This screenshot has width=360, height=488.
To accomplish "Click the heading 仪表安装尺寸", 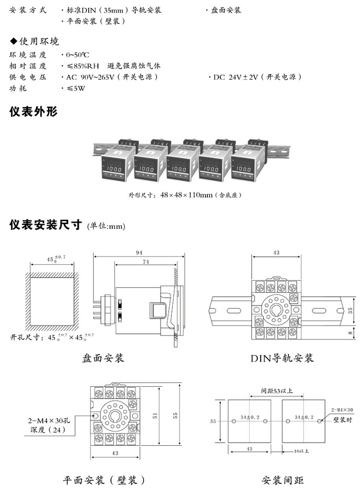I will coord(46,225).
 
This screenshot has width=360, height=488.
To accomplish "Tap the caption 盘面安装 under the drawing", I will coord(103,357).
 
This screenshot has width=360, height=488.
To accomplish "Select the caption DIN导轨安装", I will coord(282,358).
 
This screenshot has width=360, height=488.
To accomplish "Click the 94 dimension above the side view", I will coord(138,252).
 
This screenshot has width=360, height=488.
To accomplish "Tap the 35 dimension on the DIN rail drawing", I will coord(350,310).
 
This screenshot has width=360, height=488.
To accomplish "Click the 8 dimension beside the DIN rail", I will coord(350,333).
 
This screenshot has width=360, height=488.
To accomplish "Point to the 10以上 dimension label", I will coord(301,451).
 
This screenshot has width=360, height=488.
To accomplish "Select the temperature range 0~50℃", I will coord(78,54).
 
